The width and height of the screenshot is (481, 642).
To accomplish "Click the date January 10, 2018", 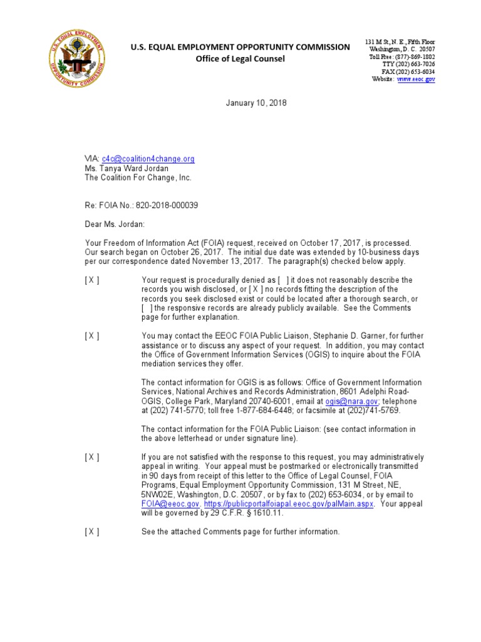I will click(x=256, y=103).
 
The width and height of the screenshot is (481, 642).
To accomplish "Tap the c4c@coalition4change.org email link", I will click(x=148, y=159).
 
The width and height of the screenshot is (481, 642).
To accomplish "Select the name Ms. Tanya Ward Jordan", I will click(x=127, y=168).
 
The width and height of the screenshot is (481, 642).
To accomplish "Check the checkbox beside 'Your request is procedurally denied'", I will click(x=92, y=280).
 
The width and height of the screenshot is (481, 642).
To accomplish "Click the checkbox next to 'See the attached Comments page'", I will click(x=92, y=532).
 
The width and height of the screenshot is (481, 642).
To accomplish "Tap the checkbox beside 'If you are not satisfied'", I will click(x=92, y=457).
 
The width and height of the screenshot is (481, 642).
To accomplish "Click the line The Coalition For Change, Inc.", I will click(x=138, y=177).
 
